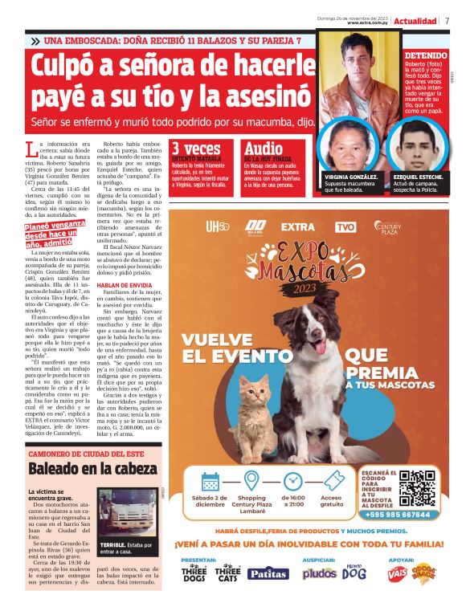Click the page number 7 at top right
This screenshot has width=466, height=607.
(446, 20)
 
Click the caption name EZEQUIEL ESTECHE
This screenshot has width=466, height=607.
(418, 175)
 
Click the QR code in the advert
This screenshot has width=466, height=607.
(416, 487)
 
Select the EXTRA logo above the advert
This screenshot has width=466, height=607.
(298, 227)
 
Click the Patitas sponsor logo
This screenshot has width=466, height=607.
(268, 573)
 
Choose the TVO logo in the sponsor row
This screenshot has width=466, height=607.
(345, 227)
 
